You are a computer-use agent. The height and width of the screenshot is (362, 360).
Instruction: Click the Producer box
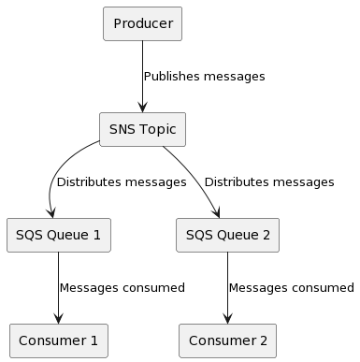coord(142,23)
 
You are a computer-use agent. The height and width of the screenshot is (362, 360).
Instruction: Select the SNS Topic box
coord(142,129)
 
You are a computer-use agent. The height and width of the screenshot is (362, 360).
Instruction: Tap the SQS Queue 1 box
coord(58,235)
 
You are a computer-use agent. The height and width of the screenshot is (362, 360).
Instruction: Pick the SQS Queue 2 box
coord(227,235)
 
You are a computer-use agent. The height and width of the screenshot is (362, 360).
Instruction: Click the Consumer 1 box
coord(58,340)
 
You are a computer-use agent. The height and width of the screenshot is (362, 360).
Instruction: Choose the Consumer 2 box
coord(227,340)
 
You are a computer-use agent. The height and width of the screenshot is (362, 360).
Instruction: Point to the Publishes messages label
coord(204,76)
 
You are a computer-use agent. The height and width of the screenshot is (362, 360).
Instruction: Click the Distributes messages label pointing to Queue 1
coord(121,181)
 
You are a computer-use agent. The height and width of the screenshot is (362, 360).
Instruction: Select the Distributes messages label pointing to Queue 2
coord(268,181)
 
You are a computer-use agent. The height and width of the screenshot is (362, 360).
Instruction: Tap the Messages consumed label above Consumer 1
coord(122,287)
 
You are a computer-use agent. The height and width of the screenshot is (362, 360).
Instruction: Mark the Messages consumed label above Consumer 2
coord(291,287)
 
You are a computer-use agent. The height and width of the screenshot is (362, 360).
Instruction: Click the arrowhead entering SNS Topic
coord(142,108)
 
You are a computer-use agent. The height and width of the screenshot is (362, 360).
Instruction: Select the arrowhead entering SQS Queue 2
coord(223,212)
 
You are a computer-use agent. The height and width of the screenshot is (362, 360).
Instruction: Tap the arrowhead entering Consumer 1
coord(58,319)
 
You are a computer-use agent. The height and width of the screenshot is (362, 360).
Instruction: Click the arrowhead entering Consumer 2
coord(227,319)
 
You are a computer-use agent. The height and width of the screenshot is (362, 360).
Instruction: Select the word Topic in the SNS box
coord(158,129)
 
